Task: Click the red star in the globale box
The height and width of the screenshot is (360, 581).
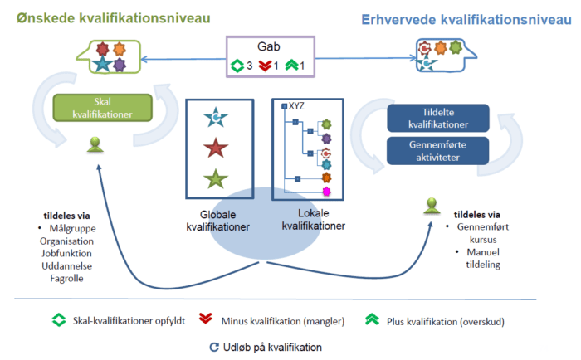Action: (216, 149)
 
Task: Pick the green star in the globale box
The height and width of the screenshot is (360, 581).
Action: (216, 178)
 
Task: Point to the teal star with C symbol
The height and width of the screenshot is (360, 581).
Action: (216, 119)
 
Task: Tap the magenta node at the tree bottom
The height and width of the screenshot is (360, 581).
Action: (326, 192)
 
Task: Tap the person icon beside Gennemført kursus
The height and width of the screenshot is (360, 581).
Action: (431, 205)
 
